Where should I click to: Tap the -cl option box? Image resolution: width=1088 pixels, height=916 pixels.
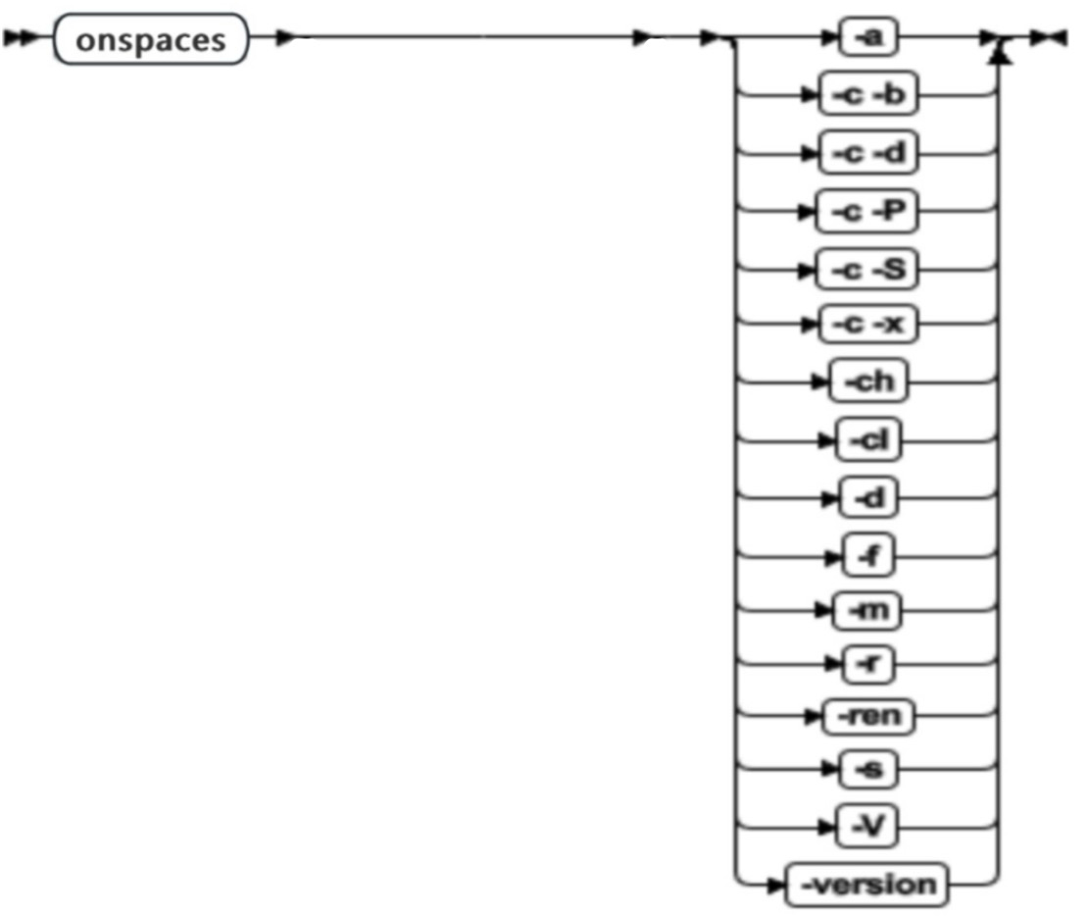867,441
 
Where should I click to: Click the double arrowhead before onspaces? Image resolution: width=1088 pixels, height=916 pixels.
22,41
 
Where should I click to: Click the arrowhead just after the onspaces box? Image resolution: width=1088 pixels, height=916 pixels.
283,41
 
